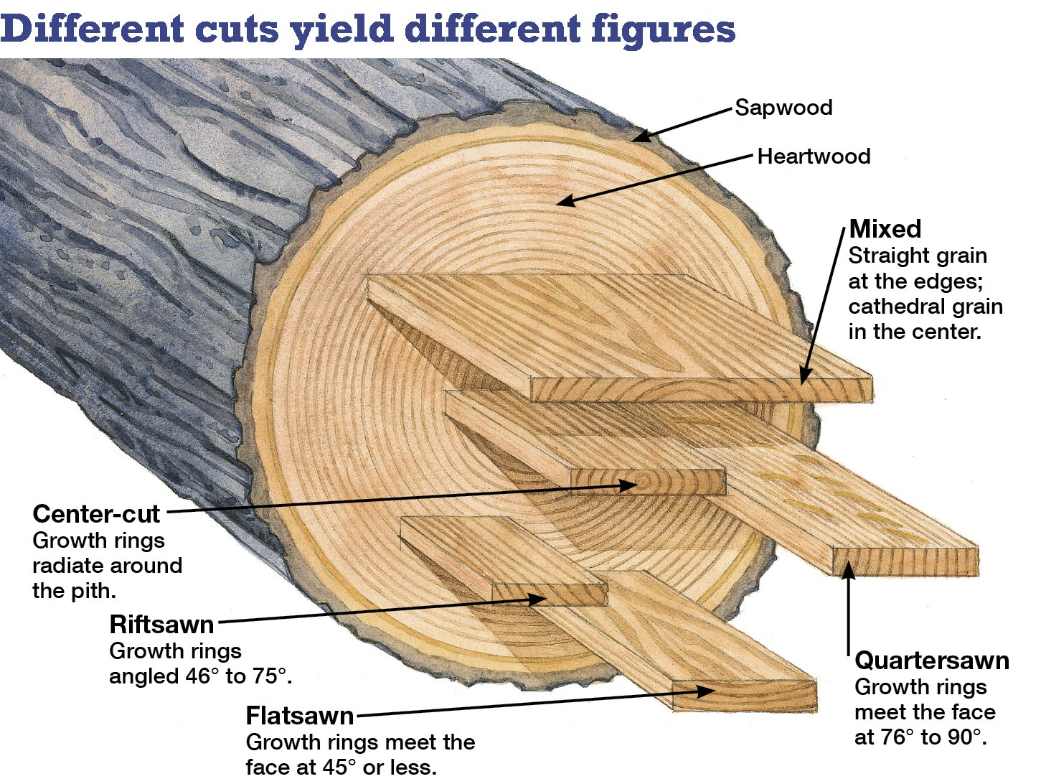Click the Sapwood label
(x=783, y=108)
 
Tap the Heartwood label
(x=814, y=157)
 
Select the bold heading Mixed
(x=885, y=229)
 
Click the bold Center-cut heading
(x=96, y=514)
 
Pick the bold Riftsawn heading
(x=161, y=625)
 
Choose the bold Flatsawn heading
(x=300, y=716)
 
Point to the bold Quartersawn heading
(x=932, y=661)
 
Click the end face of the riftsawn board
(x=549, y=594)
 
